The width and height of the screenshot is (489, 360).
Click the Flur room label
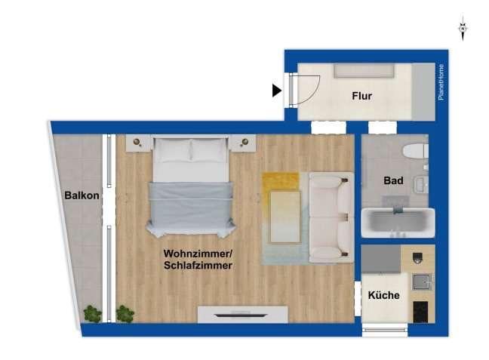[x=363, y=96]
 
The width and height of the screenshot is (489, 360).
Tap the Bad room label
[x=393, y=181]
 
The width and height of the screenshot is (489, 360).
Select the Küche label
[x=383, y=295]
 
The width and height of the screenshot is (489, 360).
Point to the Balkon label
[x=81, y=195]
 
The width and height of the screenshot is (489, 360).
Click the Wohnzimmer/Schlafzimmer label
[x=198, y=260]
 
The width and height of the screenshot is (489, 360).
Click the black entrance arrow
[x=277, y=91]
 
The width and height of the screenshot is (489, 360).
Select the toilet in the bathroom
[x=414, y=151]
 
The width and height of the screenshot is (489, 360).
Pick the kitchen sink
[x=420, y=282]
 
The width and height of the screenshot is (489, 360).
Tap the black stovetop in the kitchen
[x=420, y=311]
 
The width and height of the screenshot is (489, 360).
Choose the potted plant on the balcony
[x=92, y=313]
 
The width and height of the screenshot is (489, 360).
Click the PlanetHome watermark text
[x=441, y=83]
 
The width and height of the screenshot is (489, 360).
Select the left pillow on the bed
[x=174, y=150]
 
